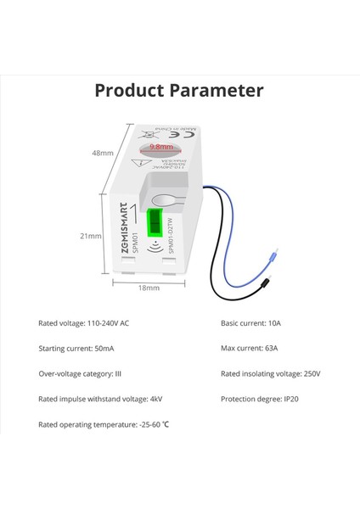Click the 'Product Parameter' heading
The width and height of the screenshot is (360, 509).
coord(179,91)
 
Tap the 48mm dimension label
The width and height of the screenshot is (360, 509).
coord(103,154)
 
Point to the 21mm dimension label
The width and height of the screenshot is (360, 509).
coord(103,237)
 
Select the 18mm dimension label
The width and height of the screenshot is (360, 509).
coord(149,288)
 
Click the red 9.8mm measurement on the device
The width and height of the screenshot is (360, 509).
coord(161,146)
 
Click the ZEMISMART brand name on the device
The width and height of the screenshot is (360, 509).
coord(124,225)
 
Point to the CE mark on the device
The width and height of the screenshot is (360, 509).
coord(176,134)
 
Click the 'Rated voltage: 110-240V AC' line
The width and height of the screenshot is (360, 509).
coord(83,324)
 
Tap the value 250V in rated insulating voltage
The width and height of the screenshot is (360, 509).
coord(312,373)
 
